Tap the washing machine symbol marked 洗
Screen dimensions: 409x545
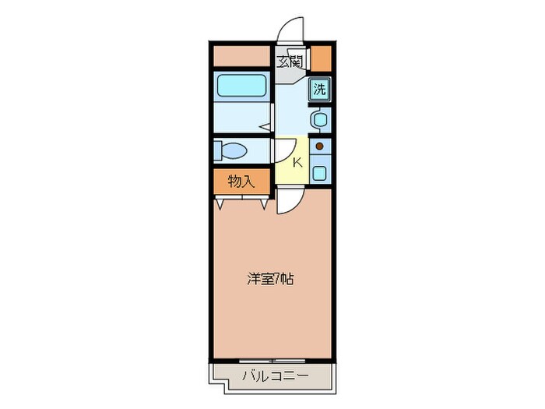coord(319,89)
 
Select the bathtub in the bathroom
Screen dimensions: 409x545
coord(241,87)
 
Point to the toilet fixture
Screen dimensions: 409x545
coord(232,149)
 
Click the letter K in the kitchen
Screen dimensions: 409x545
coord(297,163)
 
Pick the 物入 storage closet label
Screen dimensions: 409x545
coord(241,182)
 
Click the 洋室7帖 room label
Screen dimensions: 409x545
coord(271,278)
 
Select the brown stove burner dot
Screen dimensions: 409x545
coord(319,146)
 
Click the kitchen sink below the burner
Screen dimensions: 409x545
coord(319,172)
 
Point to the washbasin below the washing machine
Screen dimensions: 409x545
coord(319,119)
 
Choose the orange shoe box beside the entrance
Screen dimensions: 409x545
coord(321,58)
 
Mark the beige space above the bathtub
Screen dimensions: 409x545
coord(241,55)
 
